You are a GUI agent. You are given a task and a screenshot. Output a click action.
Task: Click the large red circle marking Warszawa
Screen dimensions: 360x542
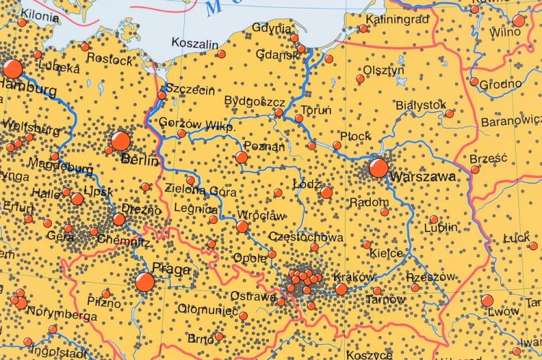378,168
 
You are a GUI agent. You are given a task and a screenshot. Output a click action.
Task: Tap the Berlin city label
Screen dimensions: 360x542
139,160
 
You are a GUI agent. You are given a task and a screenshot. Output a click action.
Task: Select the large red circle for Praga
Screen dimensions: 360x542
145,282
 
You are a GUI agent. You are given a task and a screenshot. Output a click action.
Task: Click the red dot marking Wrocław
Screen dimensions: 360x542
242,226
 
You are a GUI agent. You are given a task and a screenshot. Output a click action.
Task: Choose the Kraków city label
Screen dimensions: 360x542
354,277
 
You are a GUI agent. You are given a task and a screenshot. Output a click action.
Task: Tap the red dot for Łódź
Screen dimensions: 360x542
327,192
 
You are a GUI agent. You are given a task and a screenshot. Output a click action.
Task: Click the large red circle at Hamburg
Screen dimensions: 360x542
12,69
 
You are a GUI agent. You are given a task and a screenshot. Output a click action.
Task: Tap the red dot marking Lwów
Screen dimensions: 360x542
487,300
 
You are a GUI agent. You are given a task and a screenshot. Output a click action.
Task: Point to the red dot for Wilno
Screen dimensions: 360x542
519,20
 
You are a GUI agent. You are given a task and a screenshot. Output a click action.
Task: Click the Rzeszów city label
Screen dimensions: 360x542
431,276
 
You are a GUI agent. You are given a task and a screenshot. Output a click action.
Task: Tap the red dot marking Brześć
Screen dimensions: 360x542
475,170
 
